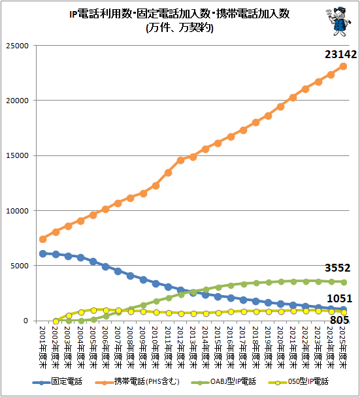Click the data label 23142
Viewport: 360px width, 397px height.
[x=341, y=54]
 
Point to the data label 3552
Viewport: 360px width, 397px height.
[x=337, y=268]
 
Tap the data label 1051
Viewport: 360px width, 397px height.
[x=340, y=299]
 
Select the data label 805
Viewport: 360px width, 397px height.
[x=340, y=320]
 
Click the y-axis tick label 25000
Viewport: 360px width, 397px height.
[x=18, y=46]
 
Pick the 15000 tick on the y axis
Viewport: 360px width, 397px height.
[x=18, y=155]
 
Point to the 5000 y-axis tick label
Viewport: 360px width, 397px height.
[x=20, y=266]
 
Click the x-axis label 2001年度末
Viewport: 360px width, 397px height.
[x=43, y=347]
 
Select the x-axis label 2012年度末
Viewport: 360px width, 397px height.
[x=180, y=347]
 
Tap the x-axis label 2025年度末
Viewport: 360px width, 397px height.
[x=343, y=347]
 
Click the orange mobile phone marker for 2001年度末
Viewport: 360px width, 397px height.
[x=43, y=239]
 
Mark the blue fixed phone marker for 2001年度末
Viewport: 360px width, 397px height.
[x=43, y=253]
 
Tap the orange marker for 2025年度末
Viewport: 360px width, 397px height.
[x=343, y=67]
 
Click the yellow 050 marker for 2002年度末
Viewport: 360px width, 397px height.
[x=56, y=321]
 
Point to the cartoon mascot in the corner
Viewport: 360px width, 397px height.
[x=338, y=22]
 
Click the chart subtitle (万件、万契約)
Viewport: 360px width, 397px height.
[x=180, y=27]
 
